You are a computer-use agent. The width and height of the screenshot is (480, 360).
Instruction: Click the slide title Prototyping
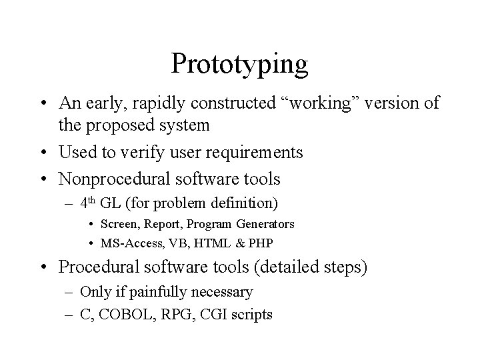(x=239, y=65)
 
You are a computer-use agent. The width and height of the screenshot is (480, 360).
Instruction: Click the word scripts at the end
(x=250, y=314)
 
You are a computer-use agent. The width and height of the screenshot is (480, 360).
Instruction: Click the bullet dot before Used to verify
(x=44, y=153)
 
